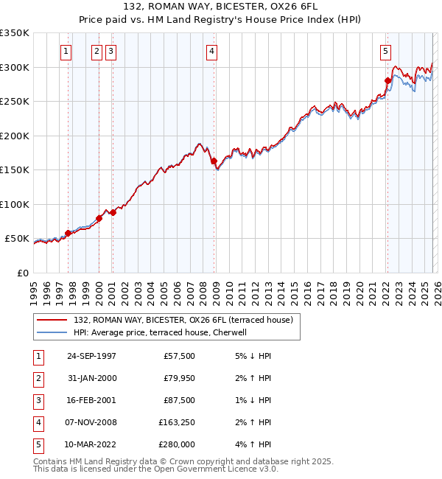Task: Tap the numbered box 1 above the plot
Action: coord(66,51)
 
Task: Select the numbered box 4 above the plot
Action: coord(211,51)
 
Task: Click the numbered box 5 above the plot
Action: coord(385,51)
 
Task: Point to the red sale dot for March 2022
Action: coord(387,80)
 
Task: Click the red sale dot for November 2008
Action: coord(214,161)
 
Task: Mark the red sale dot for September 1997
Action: coord(69,233)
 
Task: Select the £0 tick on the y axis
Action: coord(22,273)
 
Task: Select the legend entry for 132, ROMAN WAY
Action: coord(183,320)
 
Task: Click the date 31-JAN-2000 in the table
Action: coord(91,378)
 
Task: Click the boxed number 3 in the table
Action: coord(36,400)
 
